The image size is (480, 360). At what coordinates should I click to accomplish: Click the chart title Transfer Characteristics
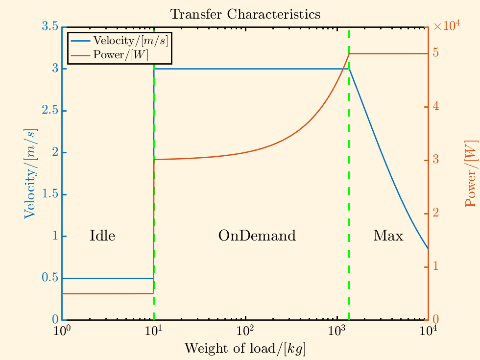pos(245,14)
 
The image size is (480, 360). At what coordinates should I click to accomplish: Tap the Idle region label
pos(102,236)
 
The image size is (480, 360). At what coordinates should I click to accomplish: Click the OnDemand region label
pos(257,236)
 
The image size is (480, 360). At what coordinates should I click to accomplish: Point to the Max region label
pos(388,236)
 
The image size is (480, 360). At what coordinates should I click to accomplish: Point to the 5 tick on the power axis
pos(436,53)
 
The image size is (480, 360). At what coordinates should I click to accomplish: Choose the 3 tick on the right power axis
pos(436,160)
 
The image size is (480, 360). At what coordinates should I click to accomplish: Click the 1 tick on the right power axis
pos(436,267)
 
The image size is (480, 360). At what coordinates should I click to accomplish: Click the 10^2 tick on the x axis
pos(245,330)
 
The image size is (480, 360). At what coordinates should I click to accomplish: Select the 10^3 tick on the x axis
pos(337,330)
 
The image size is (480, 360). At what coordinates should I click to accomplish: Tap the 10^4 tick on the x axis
pos(429,330)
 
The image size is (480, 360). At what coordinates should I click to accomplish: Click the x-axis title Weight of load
pos(245,348)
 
